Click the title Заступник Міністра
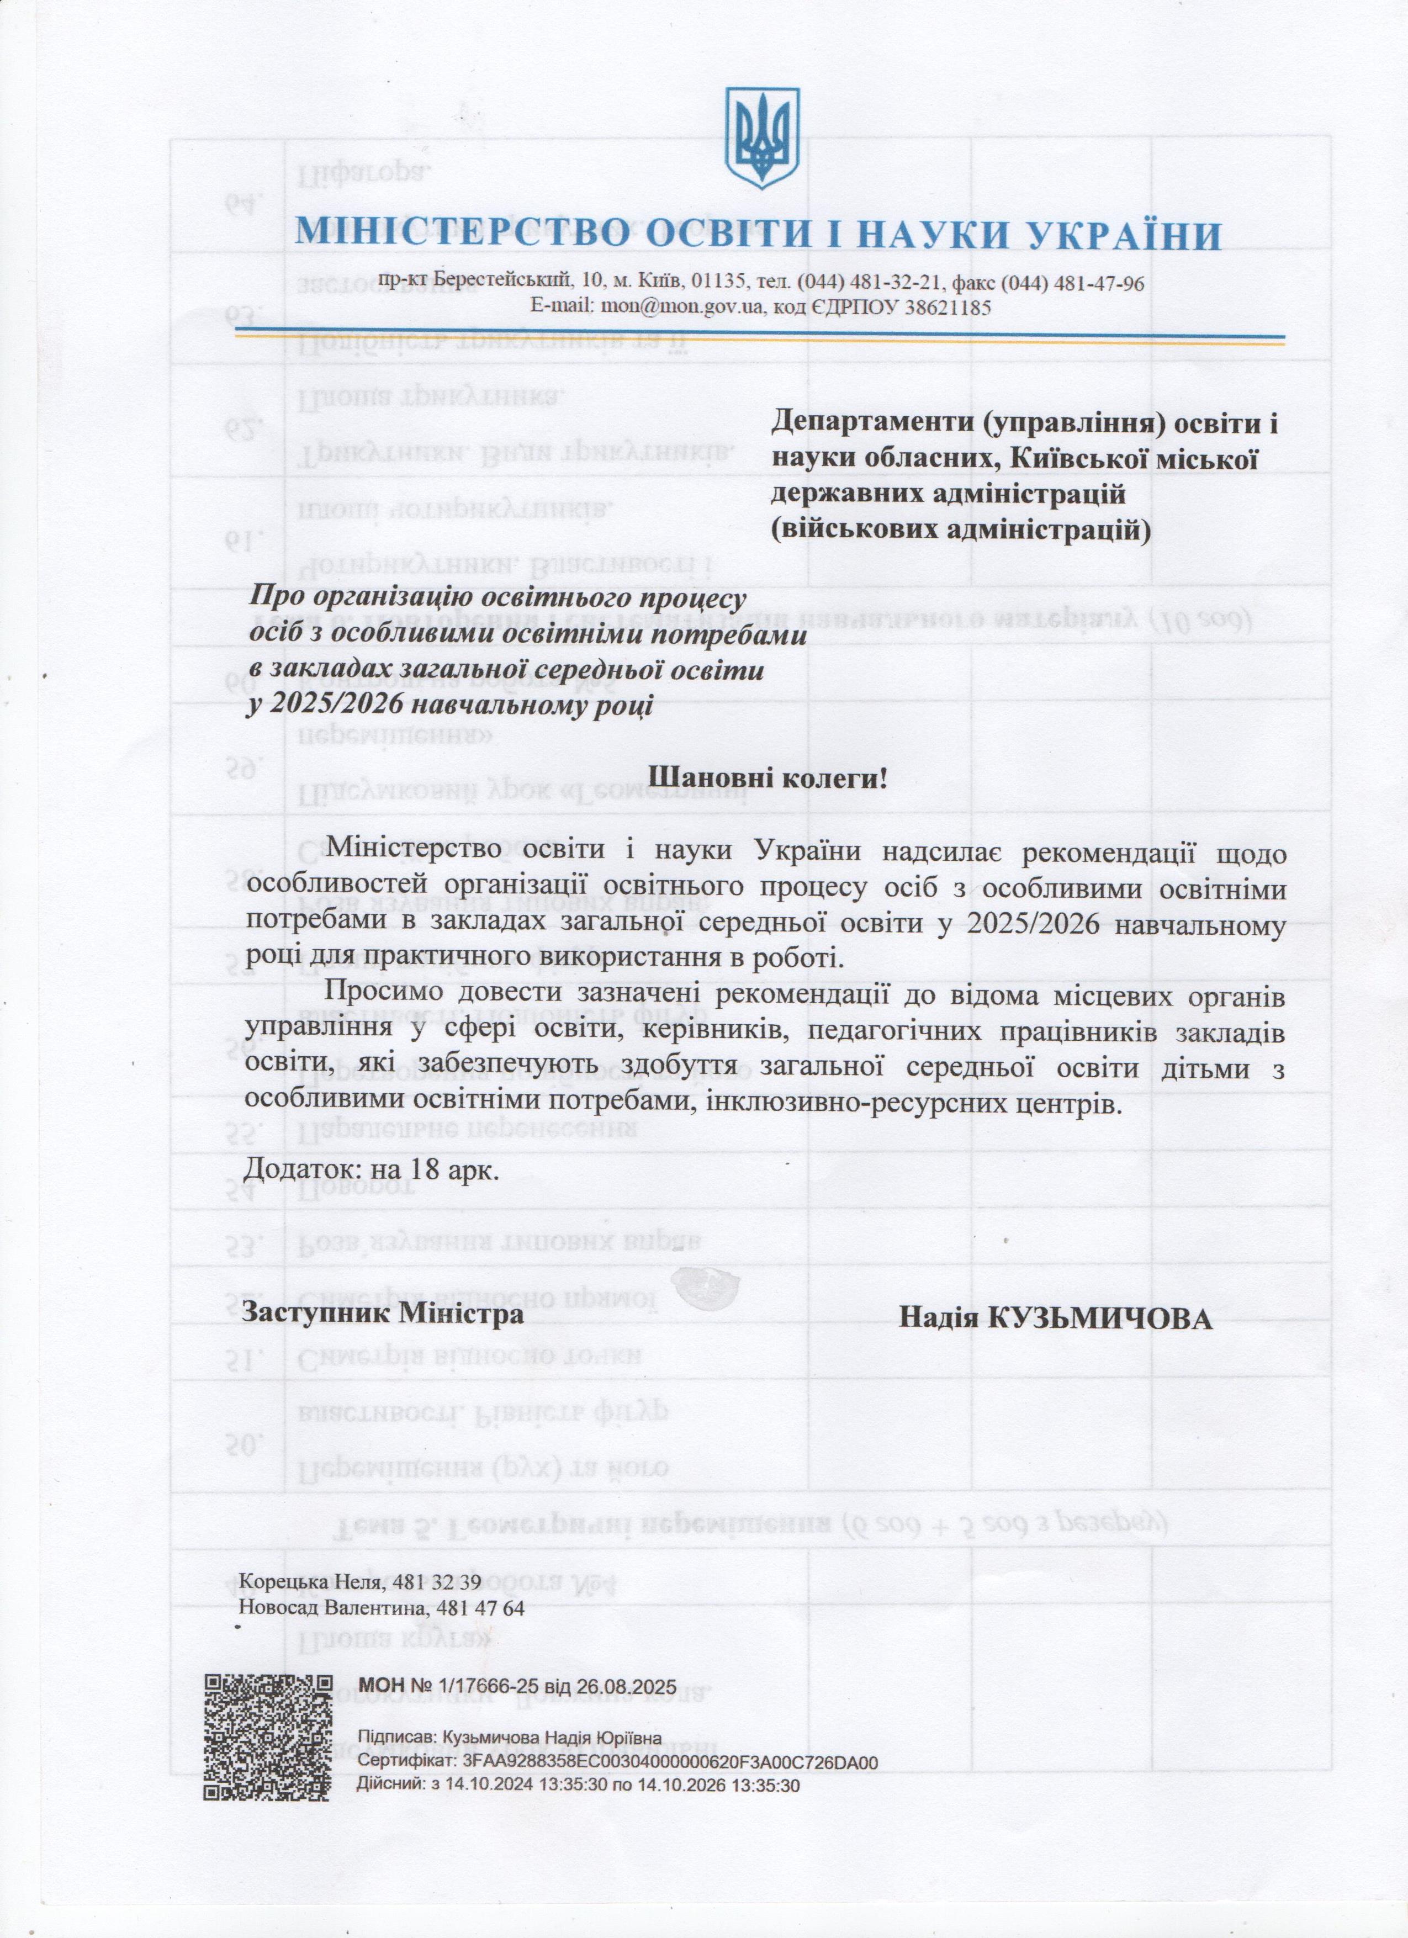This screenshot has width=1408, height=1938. click(383, 1312)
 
